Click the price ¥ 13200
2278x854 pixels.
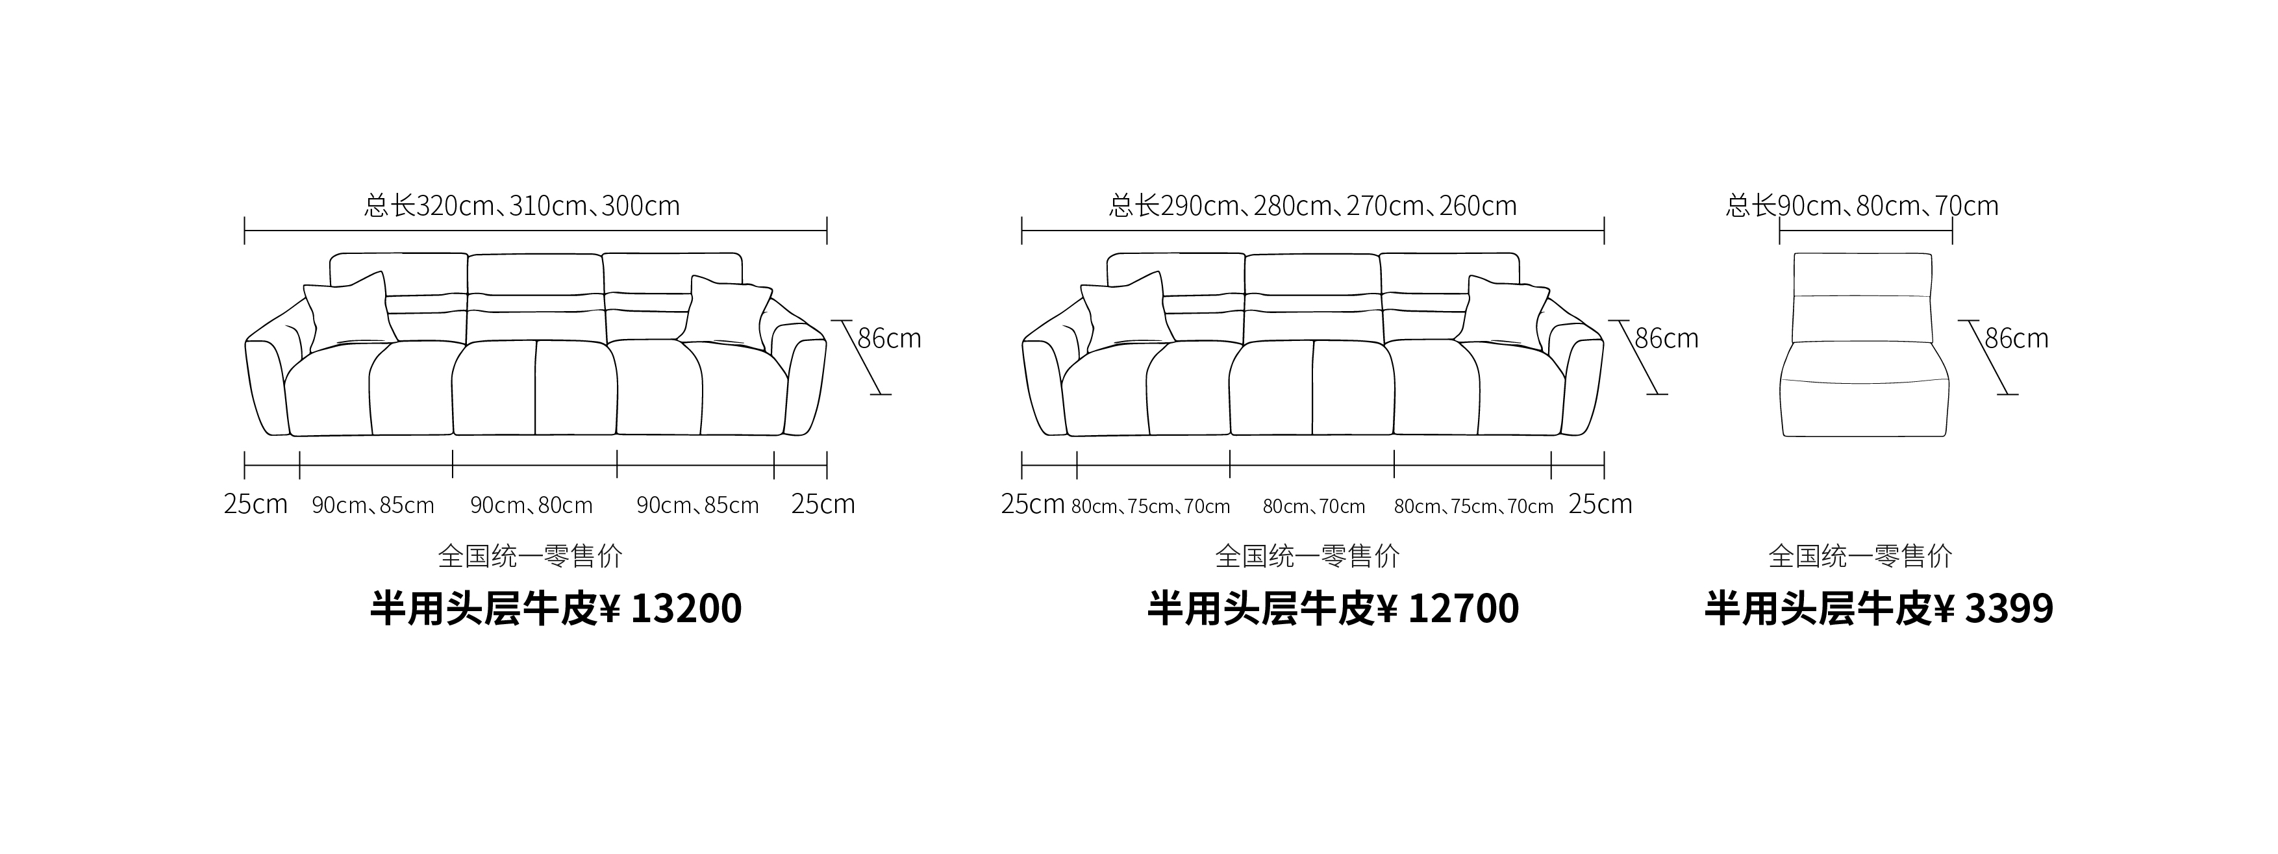pos(671,609)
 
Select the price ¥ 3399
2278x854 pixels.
pos(1994,609)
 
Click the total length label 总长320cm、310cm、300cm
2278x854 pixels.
pos(521,206)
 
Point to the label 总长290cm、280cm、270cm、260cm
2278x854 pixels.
pos(1312,206)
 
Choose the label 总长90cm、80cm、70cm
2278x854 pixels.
pos(1862,206)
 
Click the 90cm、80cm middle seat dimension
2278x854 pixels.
pos(531,506)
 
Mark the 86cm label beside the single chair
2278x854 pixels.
pos(2016,338)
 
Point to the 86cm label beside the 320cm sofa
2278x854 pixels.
pos(890,338)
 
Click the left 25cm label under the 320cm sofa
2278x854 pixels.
pos(256,504)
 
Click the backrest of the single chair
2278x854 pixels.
pos(1862,297)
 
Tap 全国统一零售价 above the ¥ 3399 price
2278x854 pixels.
pos(1860,556)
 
